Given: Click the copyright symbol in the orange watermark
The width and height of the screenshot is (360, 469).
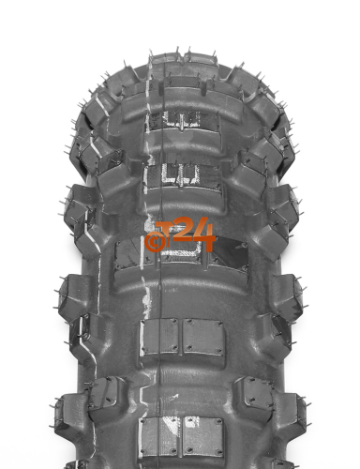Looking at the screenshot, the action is (153, 242).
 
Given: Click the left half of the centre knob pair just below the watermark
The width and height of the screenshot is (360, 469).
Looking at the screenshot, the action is (159, 337).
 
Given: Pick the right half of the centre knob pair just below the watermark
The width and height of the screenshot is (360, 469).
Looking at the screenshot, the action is (203, 337).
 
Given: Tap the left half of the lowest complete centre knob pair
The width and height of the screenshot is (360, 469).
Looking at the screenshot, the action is (158, 435).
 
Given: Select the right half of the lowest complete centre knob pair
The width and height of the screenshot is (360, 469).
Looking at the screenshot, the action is (202, 435).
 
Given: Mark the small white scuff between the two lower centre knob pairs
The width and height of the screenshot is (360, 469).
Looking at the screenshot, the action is (172, 398).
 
